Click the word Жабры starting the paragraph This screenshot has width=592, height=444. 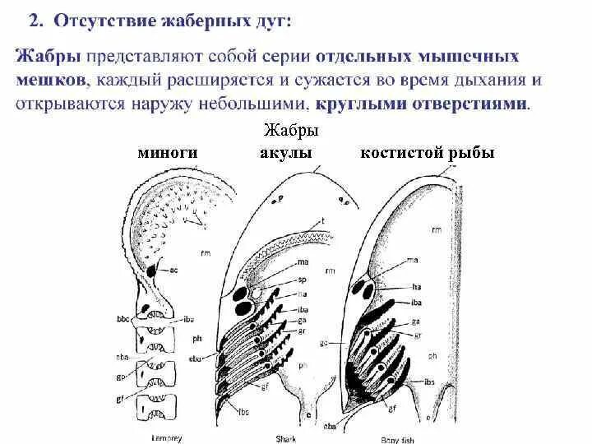click(44, 58)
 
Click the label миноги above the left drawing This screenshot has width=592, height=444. click(168, 152)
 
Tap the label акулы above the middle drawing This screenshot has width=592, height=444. click(285, 152)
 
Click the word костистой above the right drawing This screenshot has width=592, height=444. click(400, 152)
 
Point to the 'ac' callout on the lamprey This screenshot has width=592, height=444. click(173, 270)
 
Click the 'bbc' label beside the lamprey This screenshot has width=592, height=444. click(123, 317)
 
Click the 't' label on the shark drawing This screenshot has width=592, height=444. click(323, 220)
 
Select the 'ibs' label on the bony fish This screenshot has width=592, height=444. click(419, 381)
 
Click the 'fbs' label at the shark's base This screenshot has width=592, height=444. click(244, 410)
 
